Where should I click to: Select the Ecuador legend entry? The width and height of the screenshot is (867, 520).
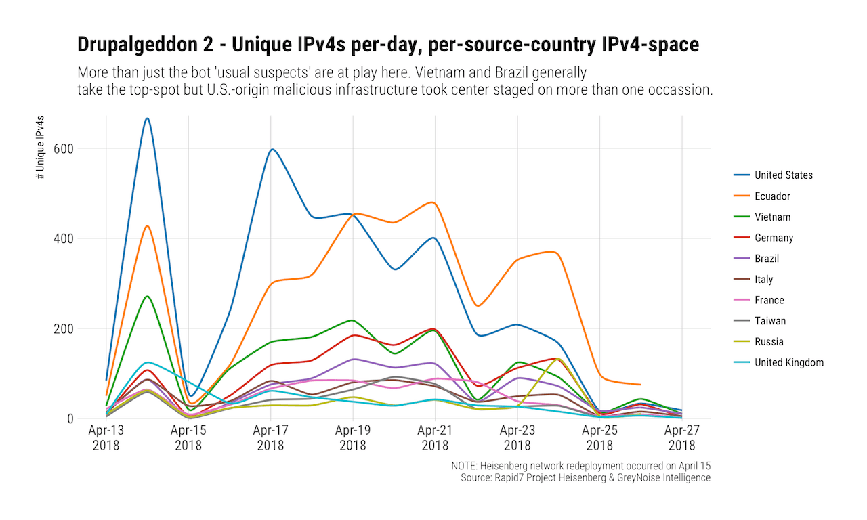coord(772,196)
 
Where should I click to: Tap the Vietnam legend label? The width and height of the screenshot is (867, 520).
coord(772,217)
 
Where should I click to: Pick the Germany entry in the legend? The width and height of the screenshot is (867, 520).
coord(774,238)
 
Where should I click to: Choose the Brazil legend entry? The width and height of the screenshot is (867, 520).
coord(767,259)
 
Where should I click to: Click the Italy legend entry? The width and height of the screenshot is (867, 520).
coord(763,280)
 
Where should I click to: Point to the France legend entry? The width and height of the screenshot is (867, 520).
coord(769,301)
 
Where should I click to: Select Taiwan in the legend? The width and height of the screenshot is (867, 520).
coord(770,321)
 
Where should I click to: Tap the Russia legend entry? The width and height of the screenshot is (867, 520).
coord(769,342)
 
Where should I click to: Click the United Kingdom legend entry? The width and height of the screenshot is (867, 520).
coord(789,363)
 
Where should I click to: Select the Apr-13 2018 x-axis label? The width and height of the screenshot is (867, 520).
coord(106,437)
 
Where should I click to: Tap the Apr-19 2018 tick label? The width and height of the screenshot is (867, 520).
coord(352,437)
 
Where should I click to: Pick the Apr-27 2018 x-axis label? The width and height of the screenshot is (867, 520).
coord(681,437)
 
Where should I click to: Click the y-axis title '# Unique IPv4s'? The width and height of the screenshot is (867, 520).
coord(41,147)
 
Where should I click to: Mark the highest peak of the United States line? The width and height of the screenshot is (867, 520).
coord(147,118)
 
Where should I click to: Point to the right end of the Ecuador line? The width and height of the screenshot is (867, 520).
coord(639,385)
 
